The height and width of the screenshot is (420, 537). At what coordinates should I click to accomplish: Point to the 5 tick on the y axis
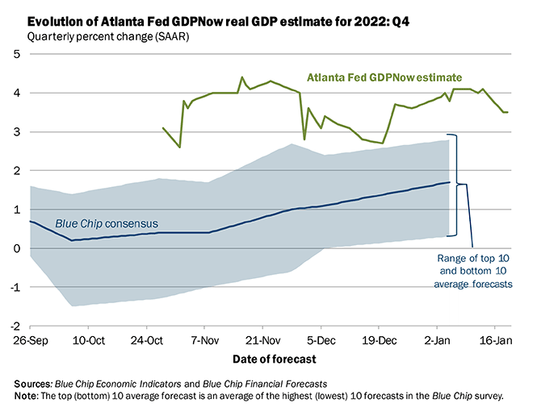coord(17,54)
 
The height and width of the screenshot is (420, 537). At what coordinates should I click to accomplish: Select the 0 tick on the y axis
coord(17,248)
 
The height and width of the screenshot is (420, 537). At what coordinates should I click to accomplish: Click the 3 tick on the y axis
coord(17,131)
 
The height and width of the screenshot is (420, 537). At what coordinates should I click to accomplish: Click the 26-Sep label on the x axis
coord(30,340)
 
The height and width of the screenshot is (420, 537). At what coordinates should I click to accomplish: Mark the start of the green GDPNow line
coord(163,127)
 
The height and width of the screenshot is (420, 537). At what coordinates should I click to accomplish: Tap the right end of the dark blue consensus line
coord(450,183)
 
